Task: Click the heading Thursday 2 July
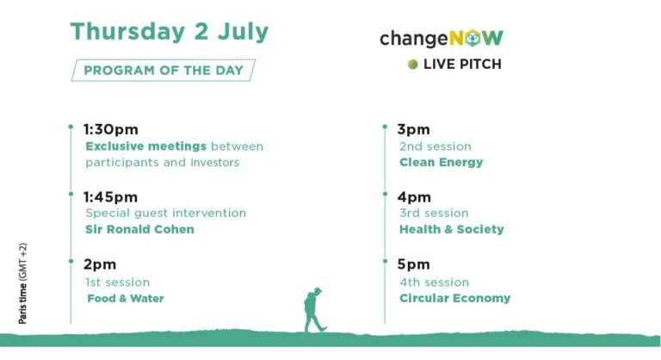pos(170,32)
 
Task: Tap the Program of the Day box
pos(164,70)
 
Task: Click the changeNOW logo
pos(442,39)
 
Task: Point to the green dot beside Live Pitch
pos(413,64)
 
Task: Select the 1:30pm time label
pos(111,129)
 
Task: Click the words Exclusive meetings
pos(145,146)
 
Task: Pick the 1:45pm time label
pos(110,196)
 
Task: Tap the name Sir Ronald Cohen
pos(140,229)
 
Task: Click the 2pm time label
pos(100,264)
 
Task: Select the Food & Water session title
pos(126,298)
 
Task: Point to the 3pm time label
pos(413,129)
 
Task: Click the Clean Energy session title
pos(442,163)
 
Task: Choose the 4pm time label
pos(414,196)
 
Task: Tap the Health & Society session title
pos(452,229)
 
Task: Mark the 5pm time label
pos(413,264)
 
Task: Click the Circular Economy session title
pos(454,298)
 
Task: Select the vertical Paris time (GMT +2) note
pos(22,283)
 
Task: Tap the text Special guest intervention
pos(165,213)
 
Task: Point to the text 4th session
pos(434,282)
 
